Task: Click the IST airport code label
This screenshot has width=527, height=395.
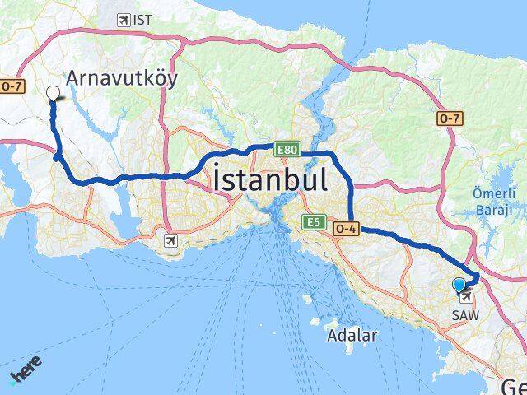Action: point(143,20)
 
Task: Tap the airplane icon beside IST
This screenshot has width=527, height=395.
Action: point(124,20)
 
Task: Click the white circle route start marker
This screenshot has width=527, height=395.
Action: point(54,93)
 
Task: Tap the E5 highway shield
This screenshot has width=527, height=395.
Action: point(314,222)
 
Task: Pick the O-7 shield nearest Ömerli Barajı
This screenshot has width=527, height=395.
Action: point(450,119)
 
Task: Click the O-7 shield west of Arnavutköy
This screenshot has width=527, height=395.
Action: point(11,86)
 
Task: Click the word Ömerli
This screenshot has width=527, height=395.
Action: point(494,194)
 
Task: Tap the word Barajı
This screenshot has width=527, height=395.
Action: point(493,211)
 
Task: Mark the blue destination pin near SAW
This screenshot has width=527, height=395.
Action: point(459,285)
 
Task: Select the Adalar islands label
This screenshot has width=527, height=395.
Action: point(352,335)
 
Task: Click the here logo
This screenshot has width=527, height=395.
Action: point(26,370)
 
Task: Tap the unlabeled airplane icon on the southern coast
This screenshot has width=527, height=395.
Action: point(170,241)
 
